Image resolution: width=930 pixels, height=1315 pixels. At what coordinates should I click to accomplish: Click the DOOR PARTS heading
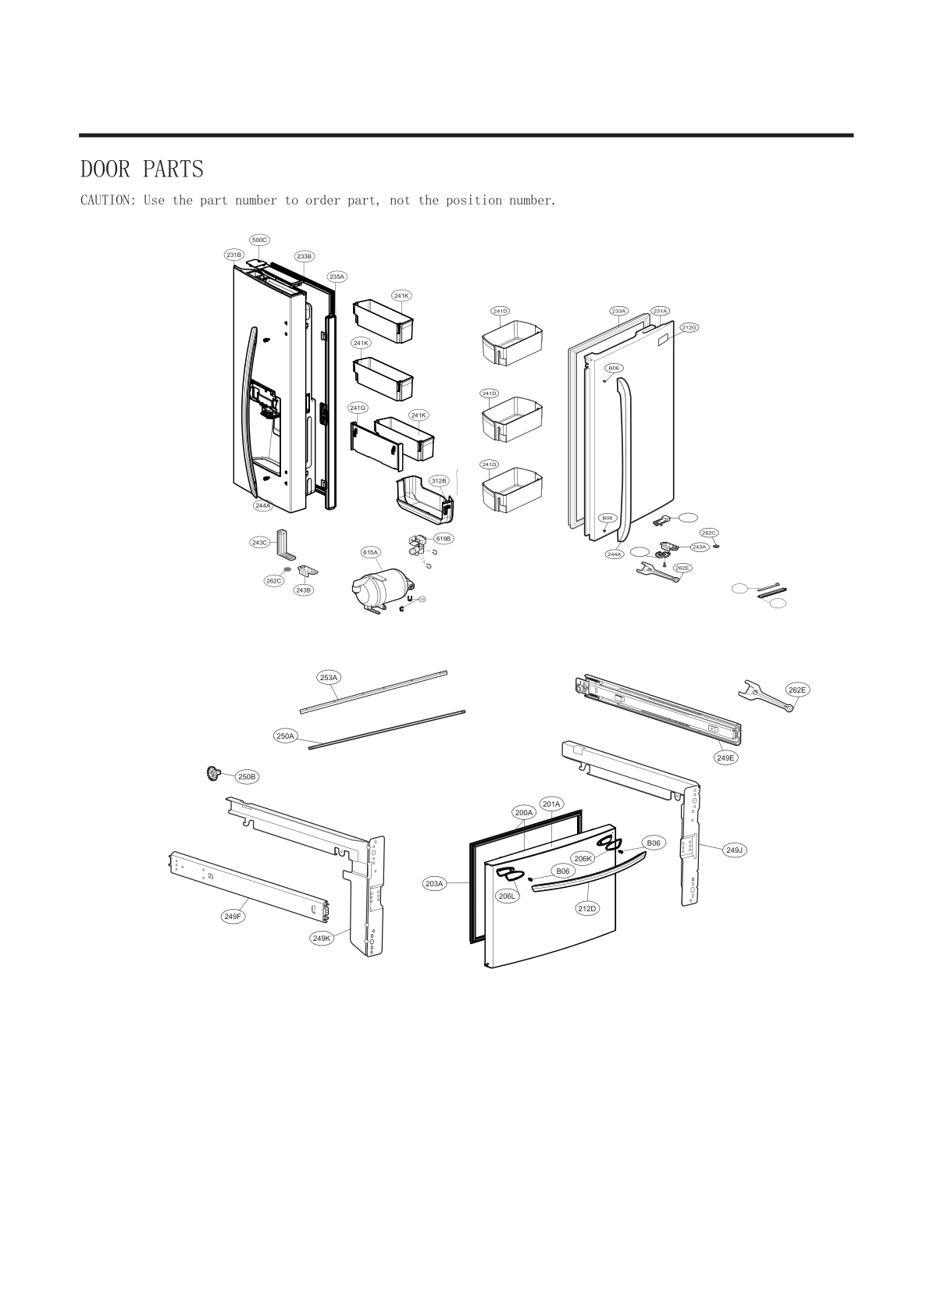[x=142, y=169]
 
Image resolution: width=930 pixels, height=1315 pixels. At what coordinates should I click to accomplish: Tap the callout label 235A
[x=337, y=276]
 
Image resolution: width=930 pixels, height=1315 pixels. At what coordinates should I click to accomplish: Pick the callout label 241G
[x=358, y=408]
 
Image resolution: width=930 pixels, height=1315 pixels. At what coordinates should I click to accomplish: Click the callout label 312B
[x=439, y=480]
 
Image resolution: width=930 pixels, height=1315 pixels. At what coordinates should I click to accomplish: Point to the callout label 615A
[x=370, y=552]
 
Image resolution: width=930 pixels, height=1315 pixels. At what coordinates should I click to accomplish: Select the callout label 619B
[x=444, y=539]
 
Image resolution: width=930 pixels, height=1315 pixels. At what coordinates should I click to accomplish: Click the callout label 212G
[x=689, y=327]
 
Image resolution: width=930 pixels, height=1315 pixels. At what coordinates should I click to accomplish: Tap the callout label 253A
[x=329, y=677]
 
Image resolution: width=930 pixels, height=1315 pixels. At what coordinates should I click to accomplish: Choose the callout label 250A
[x=285, y=736]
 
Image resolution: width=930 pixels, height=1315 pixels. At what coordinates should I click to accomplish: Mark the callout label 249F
[x=232, y=916]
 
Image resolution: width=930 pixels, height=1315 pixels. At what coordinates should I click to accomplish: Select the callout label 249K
[x=322, y=938]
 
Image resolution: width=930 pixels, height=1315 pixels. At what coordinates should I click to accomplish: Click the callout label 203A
[x=434, y=883]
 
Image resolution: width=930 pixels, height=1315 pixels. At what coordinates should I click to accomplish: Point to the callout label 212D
[x=587, y=908]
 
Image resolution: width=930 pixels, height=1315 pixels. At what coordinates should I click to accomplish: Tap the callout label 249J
[x=734, y=850]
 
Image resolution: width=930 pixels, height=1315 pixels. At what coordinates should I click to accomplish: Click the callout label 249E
[x=726, y=757]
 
